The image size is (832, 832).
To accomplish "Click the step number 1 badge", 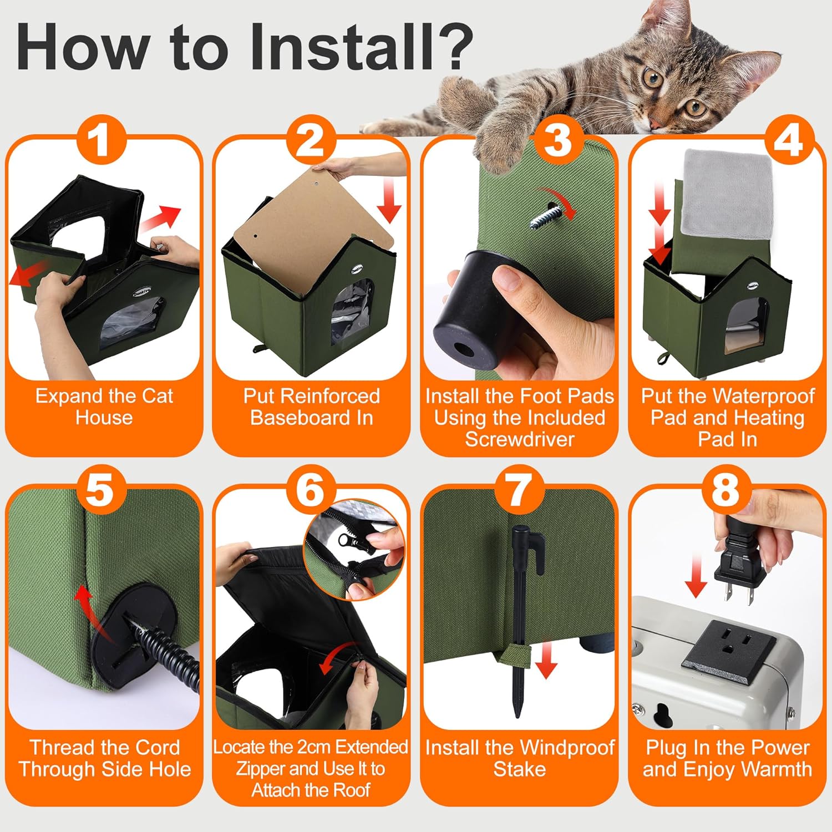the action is tap(100, 140).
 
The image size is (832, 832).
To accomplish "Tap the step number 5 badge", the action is tap(100, 490).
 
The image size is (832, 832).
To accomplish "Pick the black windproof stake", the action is tap(520, 616).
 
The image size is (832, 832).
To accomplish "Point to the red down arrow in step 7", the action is tap(546, 659).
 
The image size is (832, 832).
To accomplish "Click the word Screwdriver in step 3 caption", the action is tap(520, 439).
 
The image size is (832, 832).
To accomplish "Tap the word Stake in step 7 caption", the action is tap(520, 769).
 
